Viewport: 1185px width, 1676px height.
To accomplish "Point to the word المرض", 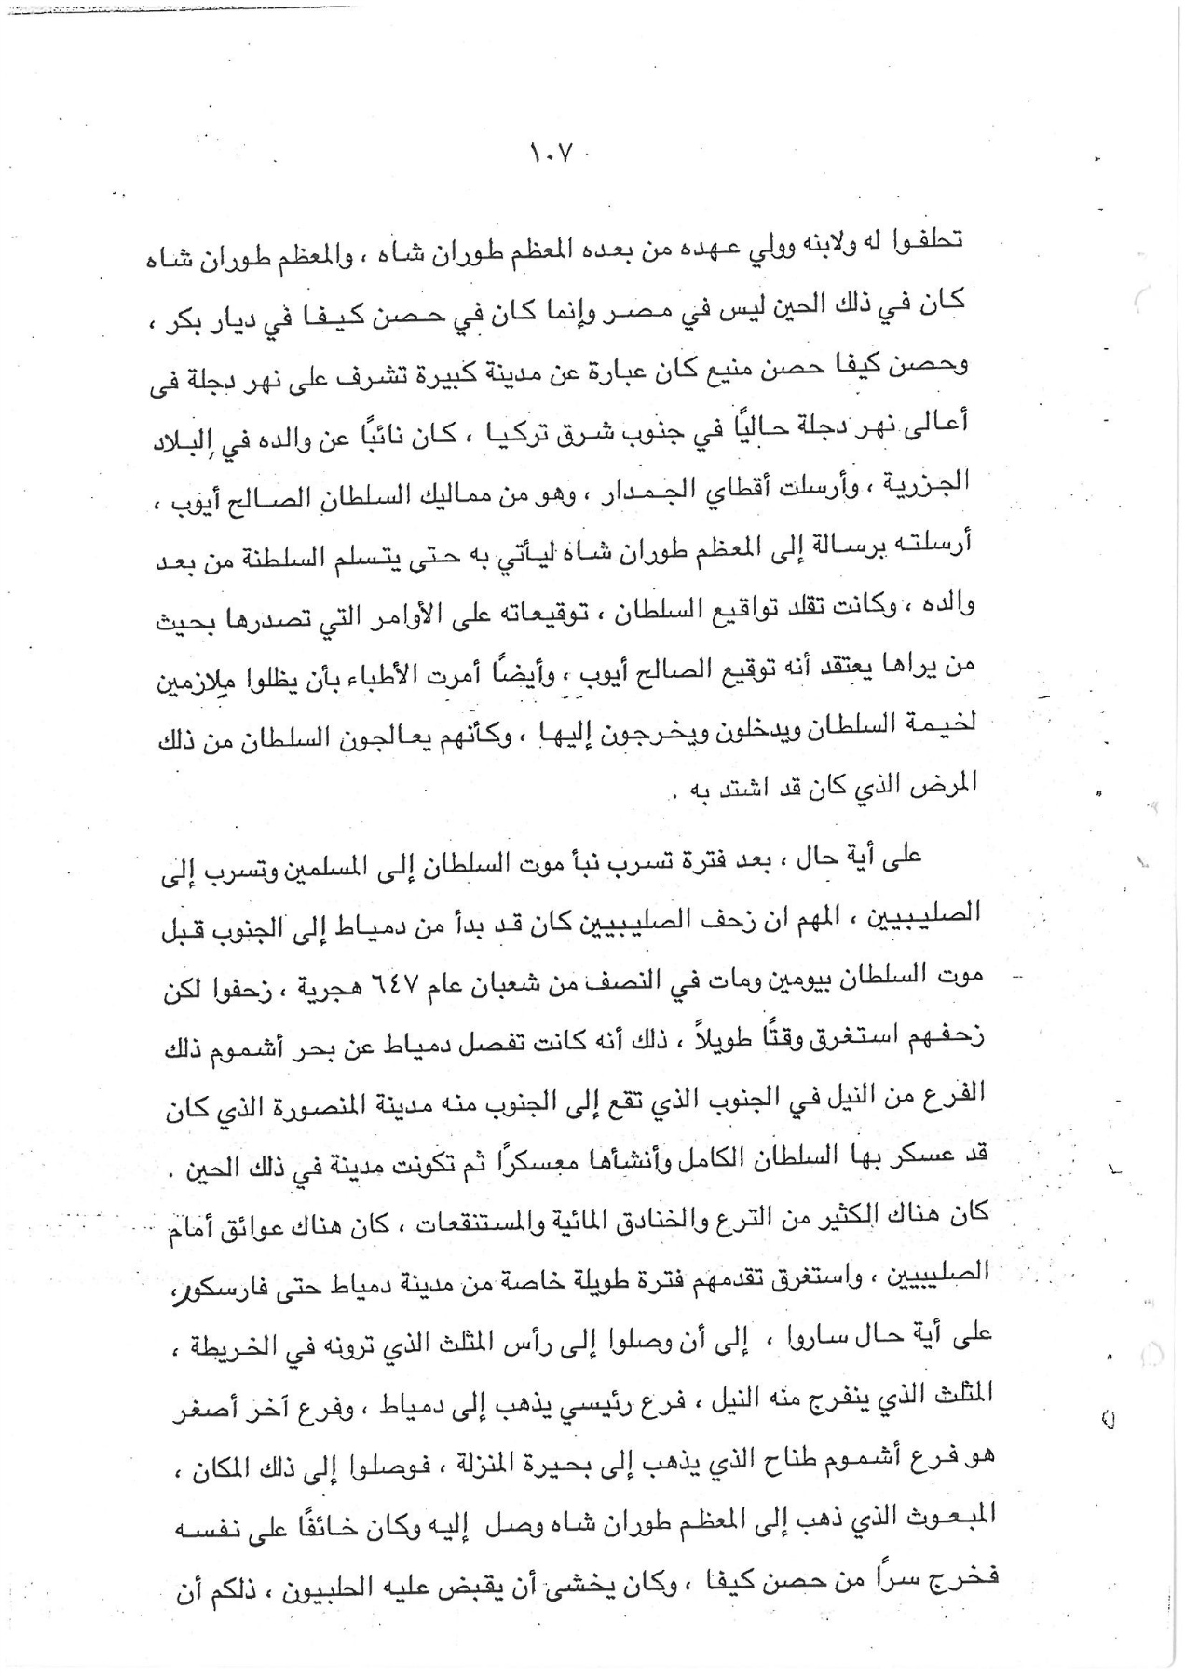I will point(947,782).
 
